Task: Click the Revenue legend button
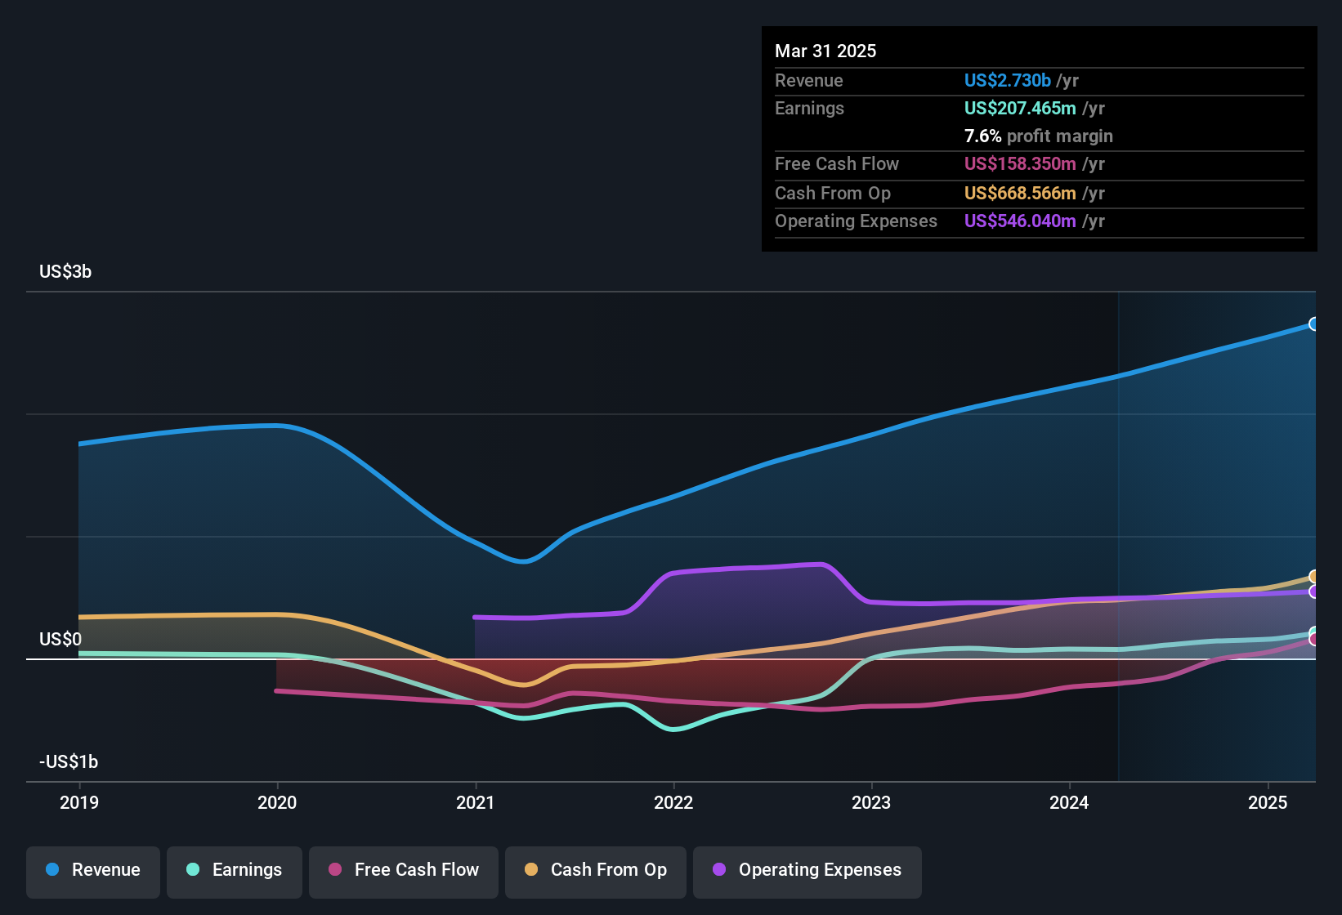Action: pyautogui.click(x=93, y=871)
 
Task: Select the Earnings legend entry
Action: pyautogui.click(x=235, y=871)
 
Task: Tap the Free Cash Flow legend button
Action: pyautogui.click(x=404, y=871)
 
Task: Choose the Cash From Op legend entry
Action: pyautogui.click(x=596, y=871)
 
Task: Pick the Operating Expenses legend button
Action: pyautogui.click(x=807, y=871)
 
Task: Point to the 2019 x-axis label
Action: pyautogui.click(x=79, y=802)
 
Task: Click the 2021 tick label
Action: pyautogui.click(x=475, y=802)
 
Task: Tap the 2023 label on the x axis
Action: pyautogui.click(x=871, y=802)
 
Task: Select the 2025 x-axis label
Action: pyautogui.click(x=1267, y=802)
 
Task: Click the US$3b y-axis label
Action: pyautogui.click(x=65, y=272)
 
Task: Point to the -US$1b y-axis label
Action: pyautogui.click(x=69, y=762)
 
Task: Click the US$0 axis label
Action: pyautogui.click(x=60, y=640)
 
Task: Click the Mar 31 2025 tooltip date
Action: pyautogui.click(x=825, y=51)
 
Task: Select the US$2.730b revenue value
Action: pyautogui.click(x=1007, y=81)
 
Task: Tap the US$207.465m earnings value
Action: pyautogui.click(x=1019, y=109)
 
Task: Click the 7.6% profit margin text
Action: pyautogui.click(x=1038, y=136)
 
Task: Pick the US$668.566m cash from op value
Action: pyautogui.click(x=1019, y=194)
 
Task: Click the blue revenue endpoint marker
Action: pyautogui.click(x=1313, y=324)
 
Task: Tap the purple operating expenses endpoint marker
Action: pyautogui.click(x=1313, y=591)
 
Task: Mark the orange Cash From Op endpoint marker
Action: pyautogui.click(x=1313, y=577)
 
